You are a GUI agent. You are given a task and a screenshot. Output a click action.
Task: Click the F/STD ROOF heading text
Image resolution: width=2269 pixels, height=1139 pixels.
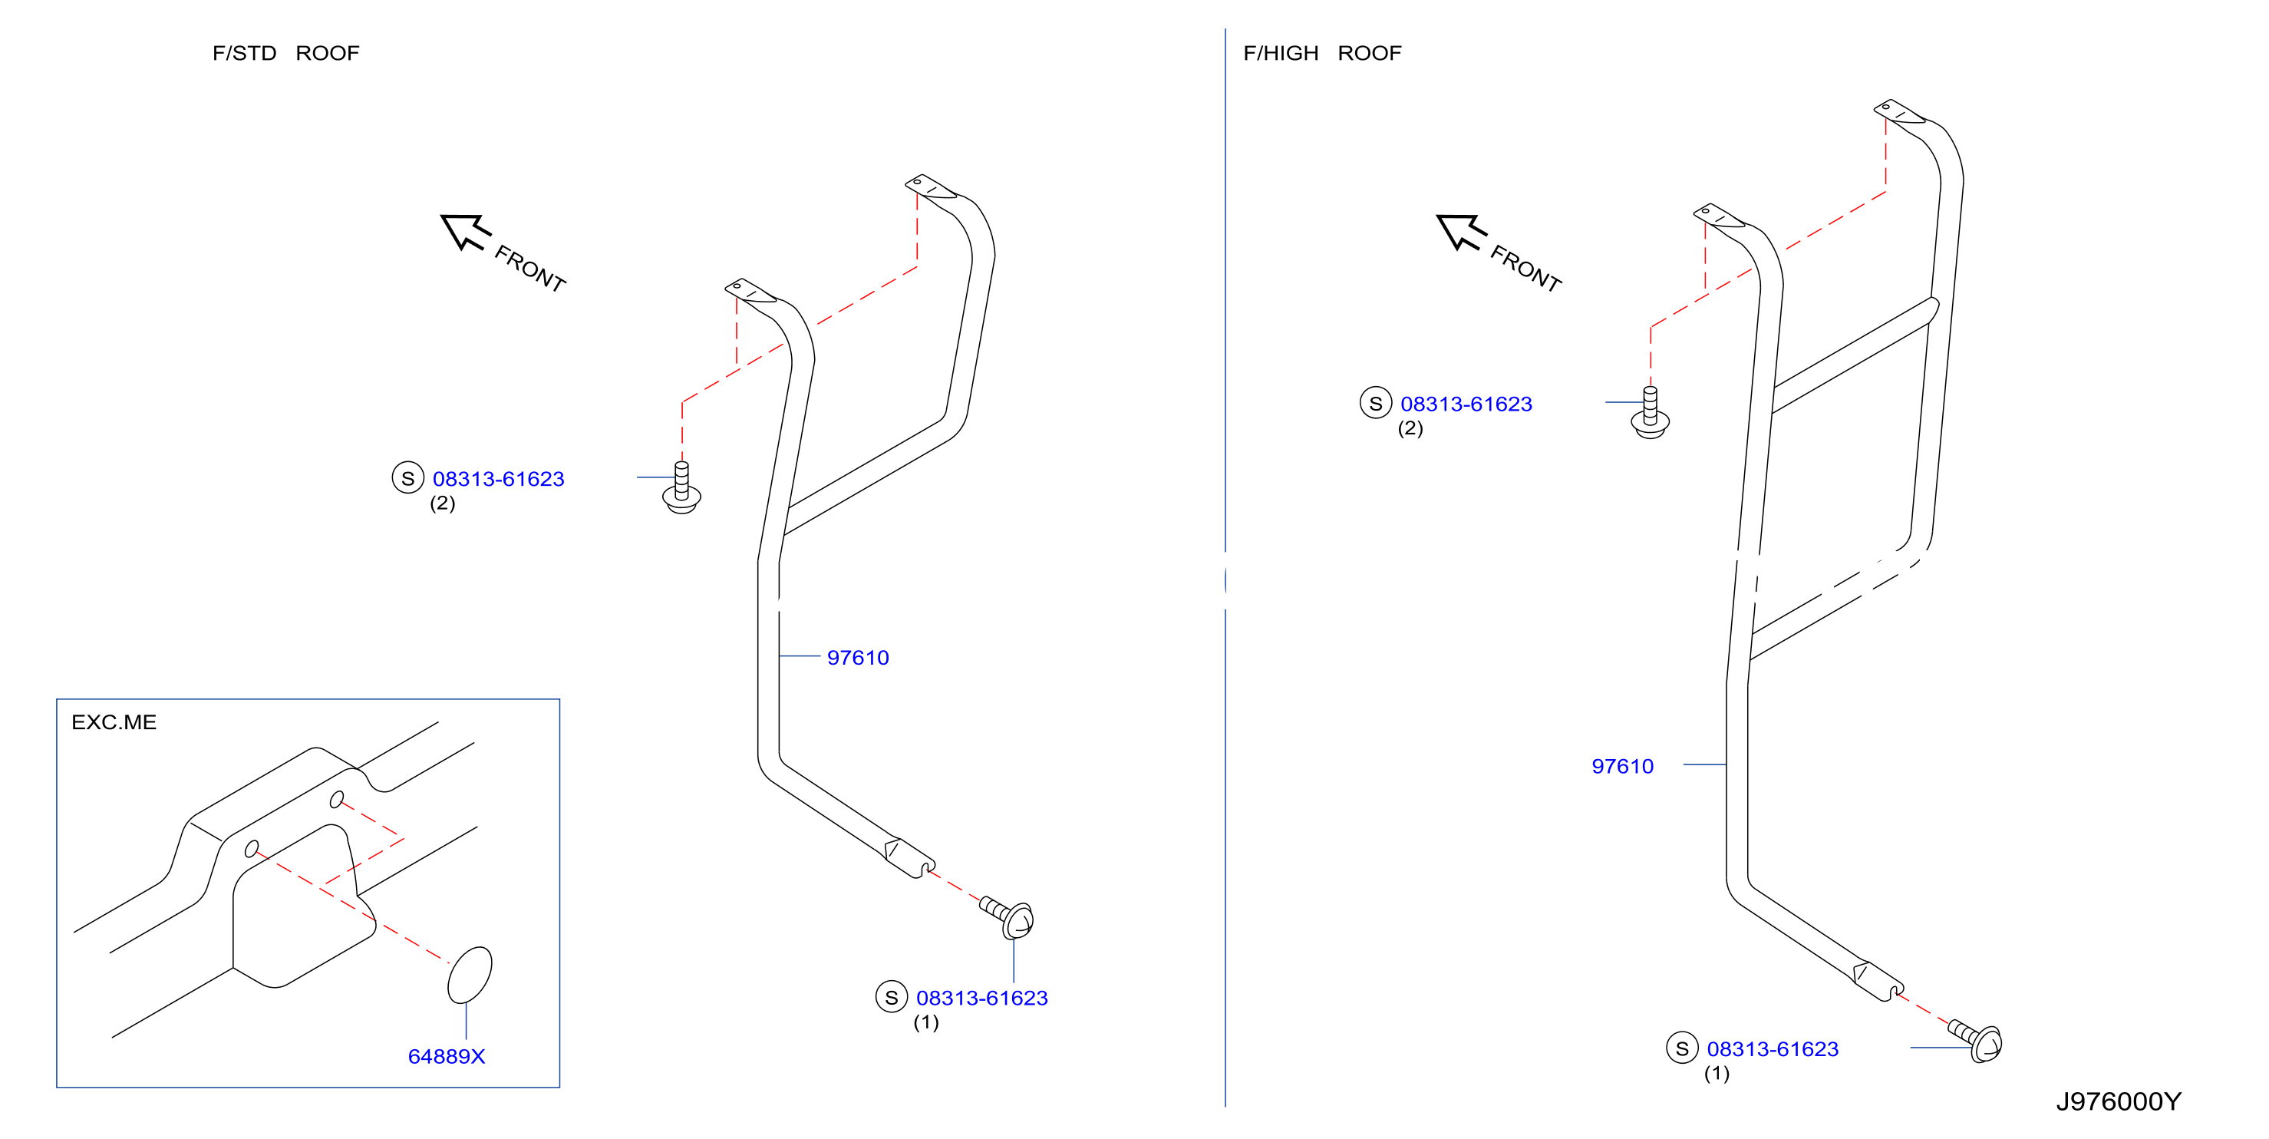pyautogui.click(x=285, y=53)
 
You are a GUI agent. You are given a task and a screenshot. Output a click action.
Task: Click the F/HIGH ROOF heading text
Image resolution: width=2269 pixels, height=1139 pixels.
pyautogui.click(x=1321, y=53)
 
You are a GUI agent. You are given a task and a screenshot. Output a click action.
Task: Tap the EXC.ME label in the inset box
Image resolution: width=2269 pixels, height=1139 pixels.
pyautogui.click(x=114, y=721)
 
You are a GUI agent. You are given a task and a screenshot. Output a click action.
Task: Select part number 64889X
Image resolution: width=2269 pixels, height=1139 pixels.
pyautogui.click(x=447, y=1055)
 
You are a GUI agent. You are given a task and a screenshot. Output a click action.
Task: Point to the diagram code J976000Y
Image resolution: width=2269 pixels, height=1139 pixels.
pyautogui.click(x=2119, y=1101)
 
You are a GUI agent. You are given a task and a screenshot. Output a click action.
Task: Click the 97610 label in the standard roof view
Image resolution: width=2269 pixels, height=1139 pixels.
pyautogui.click(x=858, y=657)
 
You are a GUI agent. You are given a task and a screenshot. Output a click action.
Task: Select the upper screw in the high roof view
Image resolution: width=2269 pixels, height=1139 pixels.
pyautogui.click(x=1650, y=412)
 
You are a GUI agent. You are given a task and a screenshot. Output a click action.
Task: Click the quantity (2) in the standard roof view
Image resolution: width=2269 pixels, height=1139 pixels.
pyautogui.click(x=442, y=503)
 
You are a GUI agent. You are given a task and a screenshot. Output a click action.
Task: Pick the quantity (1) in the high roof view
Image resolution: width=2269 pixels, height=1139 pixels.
pyautogui.click(x=1717, y=1073)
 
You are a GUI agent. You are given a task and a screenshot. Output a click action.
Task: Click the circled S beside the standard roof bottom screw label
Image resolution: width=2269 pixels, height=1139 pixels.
pyautogui.click(x=892, y=996)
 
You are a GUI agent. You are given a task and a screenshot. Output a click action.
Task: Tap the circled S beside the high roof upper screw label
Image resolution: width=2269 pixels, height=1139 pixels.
pyautogui.click(x=1376, y=403)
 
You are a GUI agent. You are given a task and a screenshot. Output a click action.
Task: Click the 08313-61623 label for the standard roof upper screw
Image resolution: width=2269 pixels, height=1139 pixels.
pyautogui.click(x=499, y=478)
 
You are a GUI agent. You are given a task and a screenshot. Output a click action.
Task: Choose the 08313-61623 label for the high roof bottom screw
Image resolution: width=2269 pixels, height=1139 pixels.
pyautogui.click(x=1773, y=1048)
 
